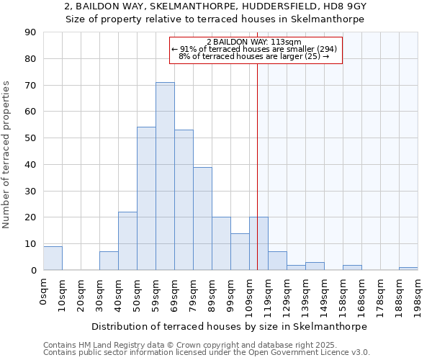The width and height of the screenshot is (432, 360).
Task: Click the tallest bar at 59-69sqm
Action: click(x=165, y=176)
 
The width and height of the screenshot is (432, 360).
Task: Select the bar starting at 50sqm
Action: click(x=146, y=199)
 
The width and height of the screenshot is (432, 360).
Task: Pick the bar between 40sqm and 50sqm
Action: click(x=127, y=241)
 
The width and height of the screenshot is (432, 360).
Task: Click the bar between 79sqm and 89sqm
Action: click(x=202, y=219)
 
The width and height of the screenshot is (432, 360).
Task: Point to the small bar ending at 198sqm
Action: click(x=408, y=269)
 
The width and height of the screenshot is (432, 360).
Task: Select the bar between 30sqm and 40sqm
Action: click(x=109, y=261)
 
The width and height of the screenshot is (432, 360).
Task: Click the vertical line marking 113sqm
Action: click(x=257, y=166)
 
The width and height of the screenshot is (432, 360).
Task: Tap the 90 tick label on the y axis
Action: click(x=30, y=32)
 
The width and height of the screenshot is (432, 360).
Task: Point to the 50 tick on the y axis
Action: click(x=30, y=138)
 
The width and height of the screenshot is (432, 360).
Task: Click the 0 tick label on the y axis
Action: click(x=33, y=271)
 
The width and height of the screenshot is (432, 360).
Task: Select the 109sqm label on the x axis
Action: click(x=249, y=294)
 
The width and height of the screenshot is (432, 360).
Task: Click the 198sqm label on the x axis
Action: click(x=418, y=294)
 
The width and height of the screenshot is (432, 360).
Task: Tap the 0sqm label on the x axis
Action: click(x=43, y=292)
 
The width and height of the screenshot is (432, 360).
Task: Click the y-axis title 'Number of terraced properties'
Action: click(x=6, y=155)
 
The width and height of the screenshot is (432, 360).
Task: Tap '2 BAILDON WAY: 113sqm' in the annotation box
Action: click(x=258, y=42)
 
